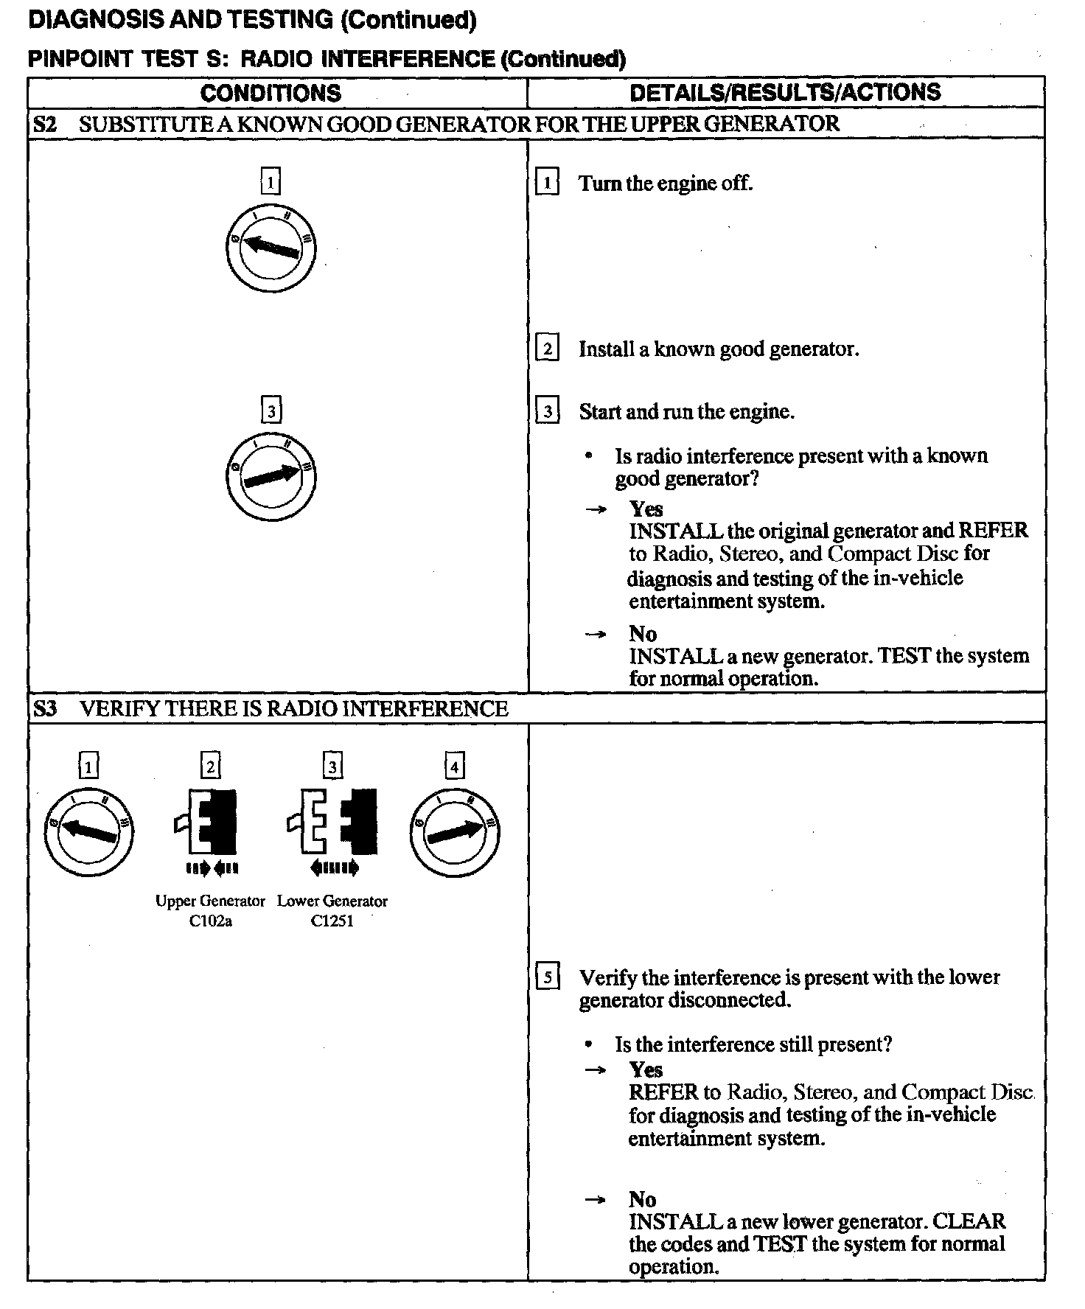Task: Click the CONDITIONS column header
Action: (271, 93)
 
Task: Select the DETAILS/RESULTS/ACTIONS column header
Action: (785, 92)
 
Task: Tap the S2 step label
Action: (44, 124)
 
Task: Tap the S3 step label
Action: (44, 709)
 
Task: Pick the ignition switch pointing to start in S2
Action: (271, 476)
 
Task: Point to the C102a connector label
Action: (210, 921)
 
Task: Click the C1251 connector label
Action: (332, 921)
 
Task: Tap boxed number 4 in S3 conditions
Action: (455, 767)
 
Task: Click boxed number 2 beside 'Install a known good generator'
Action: (547, 348)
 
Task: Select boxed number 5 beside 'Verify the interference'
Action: (547, 978)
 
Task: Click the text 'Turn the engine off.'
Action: (665, 184)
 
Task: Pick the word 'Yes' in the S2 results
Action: (646, 509)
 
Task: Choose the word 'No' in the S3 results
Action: (642, 1200)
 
